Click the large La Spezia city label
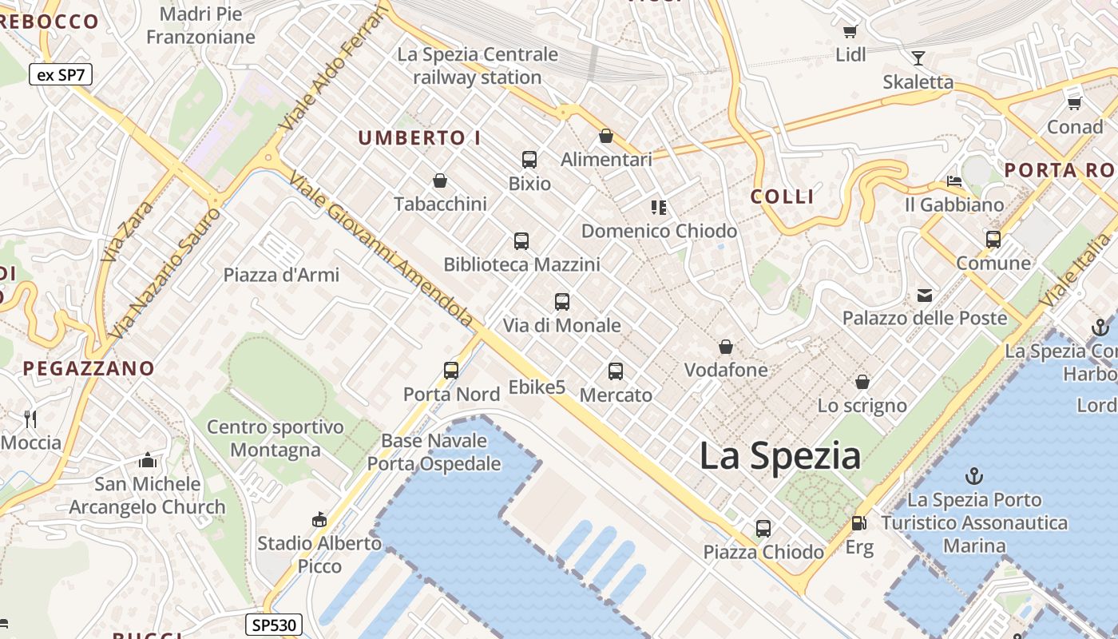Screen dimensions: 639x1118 point(780,456)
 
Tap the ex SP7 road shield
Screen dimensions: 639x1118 point(61,75)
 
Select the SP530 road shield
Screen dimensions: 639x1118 point(273,625)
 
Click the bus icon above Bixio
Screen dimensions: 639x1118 point(529,159)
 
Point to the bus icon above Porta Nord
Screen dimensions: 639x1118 point(451,370)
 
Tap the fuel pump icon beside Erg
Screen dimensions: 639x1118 point(858,524)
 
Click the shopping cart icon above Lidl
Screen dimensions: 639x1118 point(850,32)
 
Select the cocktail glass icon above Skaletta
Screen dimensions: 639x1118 point(918,58)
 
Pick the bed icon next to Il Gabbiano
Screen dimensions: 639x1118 point(953,181)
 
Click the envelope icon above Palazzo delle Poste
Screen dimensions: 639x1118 point(925,295)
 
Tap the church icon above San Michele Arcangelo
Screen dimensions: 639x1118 point(148,460)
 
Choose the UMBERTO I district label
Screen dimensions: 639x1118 point(419,138)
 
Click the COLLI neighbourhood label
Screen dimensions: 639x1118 point(783,196)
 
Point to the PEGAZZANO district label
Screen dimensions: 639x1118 point(89,368)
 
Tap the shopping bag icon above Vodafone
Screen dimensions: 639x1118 point(726,347)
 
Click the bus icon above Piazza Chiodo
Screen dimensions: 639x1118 point(763,528)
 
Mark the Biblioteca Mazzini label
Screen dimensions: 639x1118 point(521,264)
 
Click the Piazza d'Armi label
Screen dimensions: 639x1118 point(281,275)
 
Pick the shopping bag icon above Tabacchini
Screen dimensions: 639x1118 point(439,181)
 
